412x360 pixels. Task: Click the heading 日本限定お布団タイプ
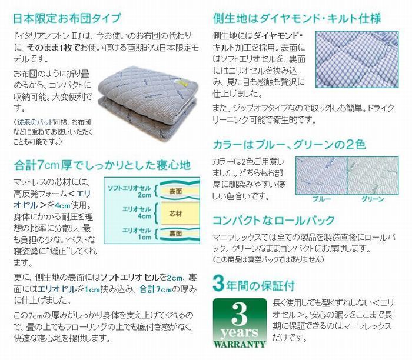tap(67, 18)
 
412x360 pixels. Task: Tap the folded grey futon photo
tap(148, 105)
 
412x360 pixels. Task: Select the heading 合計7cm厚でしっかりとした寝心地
tap(102, 165)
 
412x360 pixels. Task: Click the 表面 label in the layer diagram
tap(175, 191)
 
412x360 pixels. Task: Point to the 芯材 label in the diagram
tap(175, 214)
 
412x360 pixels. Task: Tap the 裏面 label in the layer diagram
tap(175, 234)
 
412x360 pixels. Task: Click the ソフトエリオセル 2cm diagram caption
tap(129, 191)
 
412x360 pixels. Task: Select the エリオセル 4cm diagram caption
tap(137, 212)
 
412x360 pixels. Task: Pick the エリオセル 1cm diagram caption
tap(137, 234)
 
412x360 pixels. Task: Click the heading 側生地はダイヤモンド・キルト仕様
tap(297, 18)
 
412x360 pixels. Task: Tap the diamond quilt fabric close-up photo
tap(357, 59)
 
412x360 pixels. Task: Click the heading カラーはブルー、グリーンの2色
tap(290, 145)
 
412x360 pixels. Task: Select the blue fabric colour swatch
tap(321, 176)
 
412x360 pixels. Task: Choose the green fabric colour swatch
tap(373, 176)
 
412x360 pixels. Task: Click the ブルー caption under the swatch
tap(322, 199)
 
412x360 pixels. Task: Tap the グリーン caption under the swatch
tap(373, 199)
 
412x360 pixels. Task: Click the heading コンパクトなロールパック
tap(274, 220)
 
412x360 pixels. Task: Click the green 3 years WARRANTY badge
tap(240, 324)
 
